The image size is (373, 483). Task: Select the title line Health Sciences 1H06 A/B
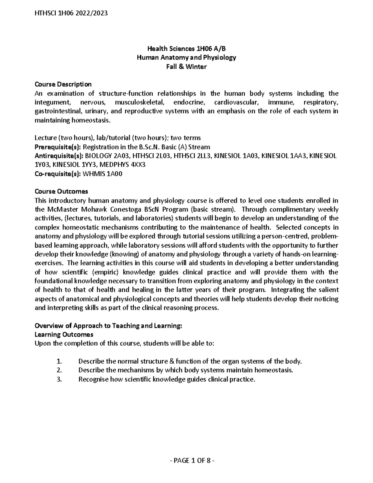[x=186, y=49]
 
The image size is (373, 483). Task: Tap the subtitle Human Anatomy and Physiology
[x=186, y=58]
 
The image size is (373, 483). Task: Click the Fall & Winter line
[x=186, y=67]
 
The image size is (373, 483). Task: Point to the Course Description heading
[x=63, y=84]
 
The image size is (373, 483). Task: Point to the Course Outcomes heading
[x=61, y=192]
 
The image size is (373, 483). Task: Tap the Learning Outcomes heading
[x=64, y=335]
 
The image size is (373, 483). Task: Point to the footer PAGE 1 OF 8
[x=186, y=461]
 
